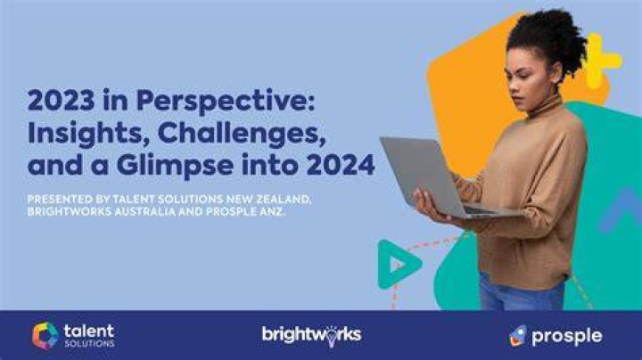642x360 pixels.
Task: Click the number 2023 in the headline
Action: coord(61,100)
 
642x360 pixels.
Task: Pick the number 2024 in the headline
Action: coord(341,165)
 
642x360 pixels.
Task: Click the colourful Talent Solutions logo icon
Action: coord(45,336)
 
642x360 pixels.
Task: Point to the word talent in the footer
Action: coord(89,331)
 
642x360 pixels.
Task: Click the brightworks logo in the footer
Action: coord(311,335)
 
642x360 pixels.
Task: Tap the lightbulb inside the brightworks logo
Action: coord(331,338)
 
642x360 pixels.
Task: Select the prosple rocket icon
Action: coord(517,336)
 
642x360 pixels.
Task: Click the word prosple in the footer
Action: coord(567,337)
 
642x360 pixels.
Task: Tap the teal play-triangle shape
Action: coord(399,265)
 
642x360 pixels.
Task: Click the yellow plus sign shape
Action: coord(601,61)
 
